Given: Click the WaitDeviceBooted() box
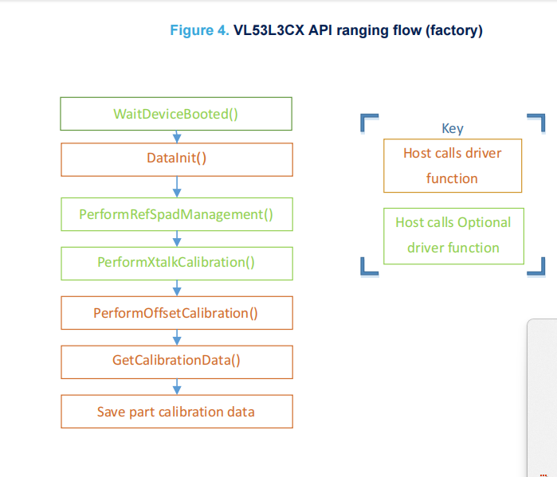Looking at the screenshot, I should [x=176, y=113].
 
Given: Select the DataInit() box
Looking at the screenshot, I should [x=176, y=158].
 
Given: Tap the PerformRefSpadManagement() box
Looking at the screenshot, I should [x=176, y=214].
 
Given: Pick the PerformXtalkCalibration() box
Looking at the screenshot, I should [x=176, y=262].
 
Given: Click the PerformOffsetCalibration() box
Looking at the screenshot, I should [x=176, y=313].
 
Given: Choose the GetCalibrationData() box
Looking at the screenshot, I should [x=176, y=361].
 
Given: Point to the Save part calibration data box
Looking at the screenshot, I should [x=176, y=412].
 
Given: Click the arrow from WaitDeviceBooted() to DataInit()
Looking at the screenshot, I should [x=177, y=136].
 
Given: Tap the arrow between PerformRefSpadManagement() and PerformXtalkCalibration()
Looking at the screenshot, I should [x=177, y=238].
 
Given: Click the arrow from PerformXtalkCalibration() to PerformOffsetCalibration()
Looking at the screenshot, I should [x=177, y=287].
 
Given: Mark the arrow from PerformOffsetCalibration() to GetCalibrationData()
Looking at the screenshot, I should [x=177, y=337].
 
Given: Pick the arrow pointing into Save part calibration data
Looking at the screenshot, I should [x=177, y=386].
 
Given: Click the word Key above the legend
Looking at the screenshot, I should [x=452, y=128].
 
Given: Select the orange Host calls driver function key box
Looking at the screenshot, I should [x=452, y=166].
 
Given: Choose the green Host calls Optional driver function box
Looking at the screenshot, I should [x=453, y=236].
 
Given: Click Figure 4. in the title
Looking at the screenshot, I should [x=199, y=31].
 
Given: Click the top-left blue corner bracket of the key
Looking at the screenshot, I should [x=367, y=122].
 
